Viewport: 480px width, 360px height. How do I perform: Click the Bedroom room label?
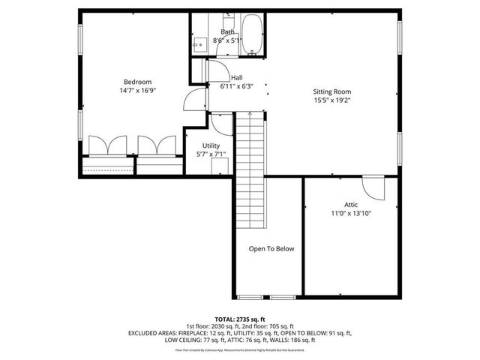tap(138, 82)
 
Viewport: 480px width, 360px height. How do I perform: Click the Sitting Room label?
tap(332, 91)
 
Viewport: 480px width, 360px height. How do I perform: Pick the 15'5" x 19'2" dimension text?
tap(332, 100)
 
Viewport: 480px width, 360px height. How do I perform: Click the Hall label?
tap(236, 77)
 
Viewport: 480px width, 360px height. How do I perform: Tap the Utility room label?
tap(211, 145)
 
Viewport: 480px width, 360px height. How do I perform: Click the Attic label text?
tap(351, 205)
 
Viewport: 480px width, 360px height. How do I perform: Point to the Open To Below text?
tap(271, 248)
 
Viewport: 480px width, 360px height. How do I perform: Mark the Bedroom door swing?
tap(194, 97)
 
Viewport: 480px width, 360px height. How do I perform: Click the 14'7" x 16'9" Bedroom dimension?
tap(138, 90)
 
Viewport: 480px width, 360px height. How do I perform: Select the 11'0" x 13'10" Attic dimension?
tap(351, 213)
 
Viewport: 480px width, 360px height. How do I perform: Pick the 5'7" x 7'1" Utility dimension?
tap(211, 154)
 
